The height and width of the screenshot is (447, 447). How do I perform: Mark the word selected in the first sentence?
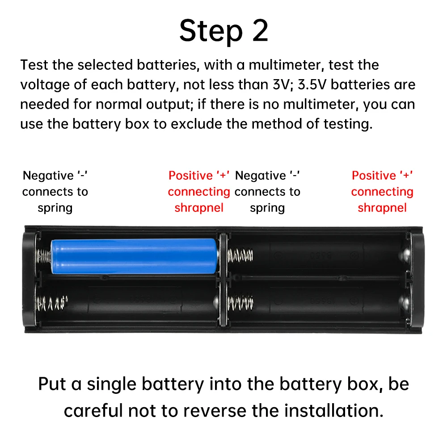tap(105, 65)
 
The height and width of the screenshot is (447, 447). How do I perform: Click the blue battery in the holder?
tap(134, 256)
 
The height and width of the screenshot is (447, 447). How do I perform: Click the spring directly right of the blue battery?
tap(240, 256)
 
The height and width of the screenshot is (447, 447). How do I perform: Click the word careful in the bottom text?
tap(93, 410)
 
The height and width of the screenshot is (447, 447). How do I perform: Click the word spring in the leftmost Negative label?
tap(55, 208)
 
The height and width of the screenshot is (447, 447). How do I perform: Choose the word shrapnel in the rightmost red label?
tap(382, 208)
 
